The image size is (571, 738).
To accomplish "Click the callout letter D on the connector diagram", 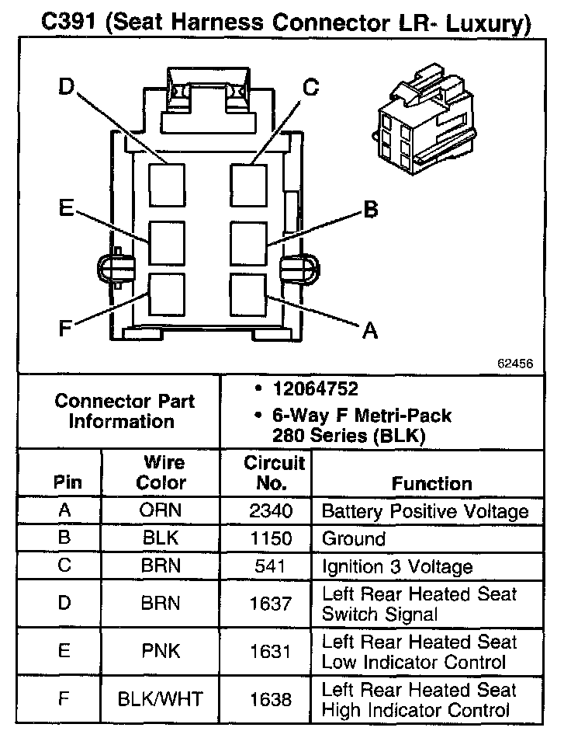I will click(65, 88).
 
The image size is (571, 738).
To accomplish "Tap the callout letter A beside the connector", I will click(370, 332).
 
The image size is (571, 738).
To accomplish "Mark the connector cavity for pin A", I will click(248, 294).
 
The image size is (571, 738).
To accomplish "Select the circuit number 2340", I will click(271, 512).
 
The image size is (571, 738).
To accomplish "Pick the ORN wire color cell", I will click(161, 512).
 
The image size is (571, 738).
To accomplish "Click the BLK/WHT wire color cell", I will click(161, 699).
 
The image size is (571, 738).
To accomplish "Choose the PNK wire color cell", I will click(161, 652).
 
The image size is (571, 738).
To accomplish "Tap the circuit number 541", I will click(271, 566).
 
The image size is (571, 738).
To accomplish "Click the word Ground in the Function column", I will click(353, 539).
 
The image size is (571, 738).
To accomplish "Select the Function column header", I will click(431, 483).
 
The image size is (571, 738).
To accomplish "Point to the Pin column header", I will click(67, 482).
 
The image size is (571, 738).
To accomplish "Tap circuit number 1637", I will click(271, 604).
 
